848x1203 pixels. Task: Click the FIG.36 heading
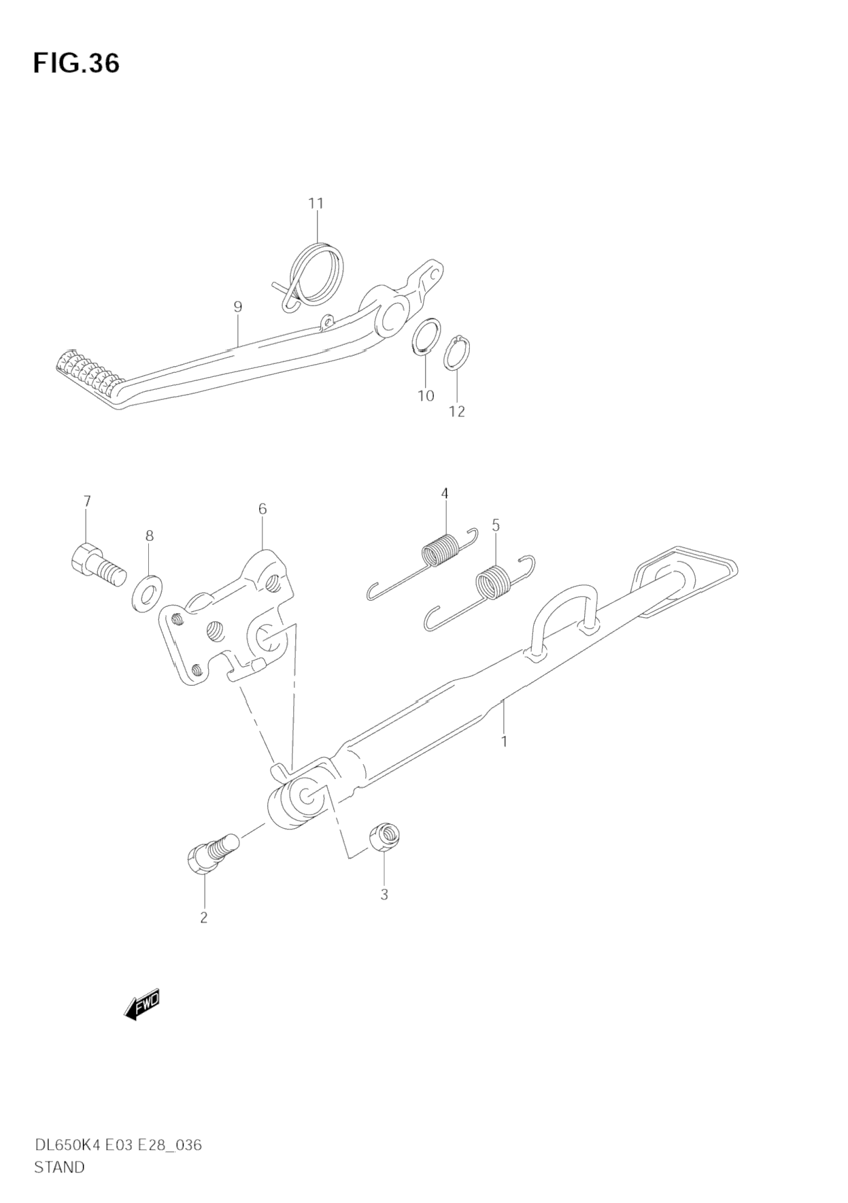[76, 63]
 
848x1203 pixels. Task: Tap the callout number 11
[316, 203]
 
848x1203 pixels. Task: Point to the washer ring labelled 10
[425, 336]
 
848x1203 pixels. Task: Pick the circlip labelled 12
[457, 352]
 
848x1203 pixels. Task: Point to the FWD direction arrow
[142, 1004]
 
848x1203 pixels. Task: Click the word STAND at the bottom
[59, 1167]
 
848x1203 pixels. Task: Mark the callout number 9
[237, 307]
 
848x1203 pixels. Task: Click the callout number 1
[504, 741]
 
